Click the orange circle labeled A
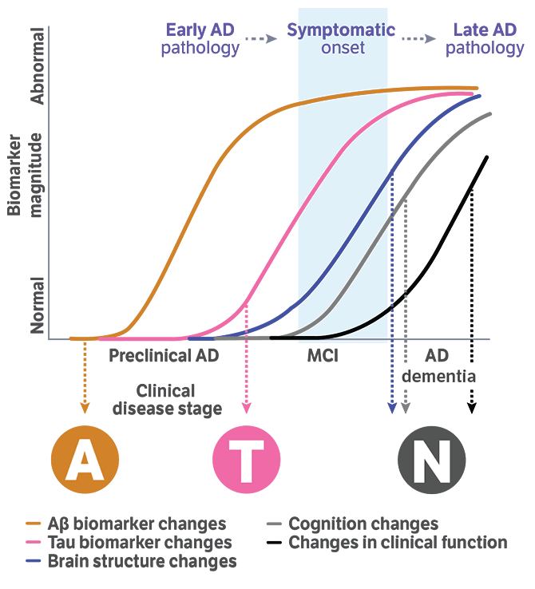pos(85,460)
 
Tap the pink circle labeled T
pos(246,460)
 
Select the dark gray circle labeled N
pos(431,460)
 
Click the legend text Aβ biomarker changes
pos(136,524)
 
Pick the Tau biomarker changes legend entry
pos(139,543)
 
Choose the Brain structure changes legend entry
pos(141,561)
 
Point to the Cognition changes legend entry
pos(363,524)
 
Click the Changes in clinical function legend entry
pos(398,543)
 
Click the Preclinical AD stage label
pos(164,356)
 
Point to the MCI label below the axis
pos(323,356)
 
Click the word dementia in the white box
pos(442,376)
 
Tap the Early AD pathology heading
pos(200,39)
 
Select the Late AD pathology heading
pos(485,39)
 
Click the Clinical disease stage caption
pos(167,400)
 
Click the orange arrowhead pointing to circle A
pos(85,408)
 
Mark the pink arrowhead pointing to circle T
pos(246,408)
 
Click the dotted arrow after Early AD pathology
pos(260,38)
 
